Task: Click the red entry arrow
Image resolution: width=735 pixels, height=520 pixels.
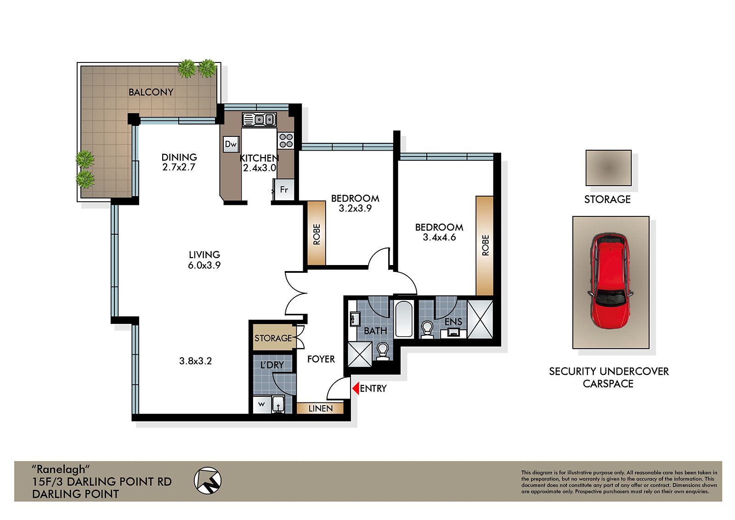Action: (x=355, y=389)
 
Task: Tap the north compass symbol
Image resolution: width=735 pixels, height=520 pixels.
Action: (x=208, y=480)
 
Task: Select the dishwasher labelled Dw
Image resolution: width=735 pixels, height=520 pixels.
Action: (x=231, y=144)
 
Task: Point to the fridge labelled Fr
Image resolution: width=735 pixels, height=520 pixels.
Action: (x=284, y=190)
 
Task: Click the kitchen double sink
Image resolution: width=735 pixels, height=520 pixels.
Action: (x=259, y=120)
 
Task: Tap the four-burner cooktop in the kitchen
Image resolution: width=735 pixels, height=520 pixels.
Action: (x=286, y=140)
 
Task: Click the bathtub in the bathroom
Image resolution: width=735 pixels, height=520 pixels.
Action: (x=404, y=319)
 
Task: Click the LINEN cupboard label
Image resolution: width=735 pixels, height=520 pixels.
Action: (x=320, y=408)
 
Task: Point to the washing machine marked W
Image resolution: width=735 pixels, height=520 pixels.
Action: (x=261, y=405)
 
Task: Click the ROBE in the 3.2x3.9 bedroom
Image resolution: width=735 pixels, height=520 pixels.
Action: (x=317, y=233)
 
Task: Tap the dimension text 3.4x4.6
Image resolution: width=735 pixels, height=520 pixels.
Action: (x=439, y=237)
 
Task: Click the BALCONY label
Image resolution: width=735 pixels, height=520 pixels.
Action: (x=151, y=92)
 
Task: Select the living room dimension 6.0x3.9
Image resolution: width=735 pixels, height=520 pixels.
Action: (x=204, y=265)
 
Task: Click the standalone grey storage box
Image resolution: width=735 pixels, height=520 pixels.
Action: (x=608, y=168)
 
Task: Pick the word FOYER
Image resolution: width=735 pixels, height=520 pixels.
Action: (x=321, y=359)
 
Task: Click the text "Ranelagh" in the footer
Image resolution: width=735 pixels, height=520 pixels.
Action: (x=60, y=469)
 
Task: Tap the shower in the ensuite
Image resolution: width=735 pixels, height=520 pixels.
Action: (x=480, y=319)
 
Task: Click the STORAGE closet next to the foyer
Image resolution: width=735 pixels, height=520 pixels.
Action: (x=273, y=338)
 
